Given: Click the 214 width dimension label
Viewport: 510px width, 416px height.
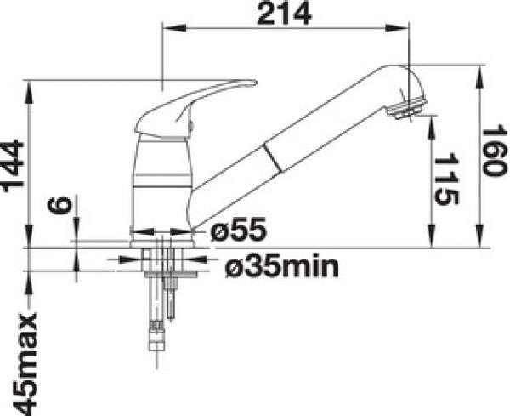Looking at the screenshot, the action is (x=284, y=14).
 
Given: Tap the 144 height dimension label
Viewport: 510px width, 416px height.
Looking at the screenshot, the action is (x=13, y=163).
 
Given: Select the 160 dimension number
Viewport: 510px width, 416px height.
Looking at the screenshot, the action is (x=496, y=151).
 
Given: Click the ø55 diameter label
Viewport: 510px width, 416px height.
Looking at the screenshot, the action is (x=239, y=231).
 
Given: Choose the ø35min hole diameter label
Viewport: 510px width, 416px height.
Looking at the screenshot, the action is (x=282, y=266).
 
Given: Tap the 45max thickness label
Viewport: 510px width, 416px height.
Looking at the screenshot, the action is (x=25, y=363).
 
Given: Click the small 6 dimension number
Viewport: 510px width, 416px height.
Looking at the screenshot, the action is (x=59, y=205).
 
